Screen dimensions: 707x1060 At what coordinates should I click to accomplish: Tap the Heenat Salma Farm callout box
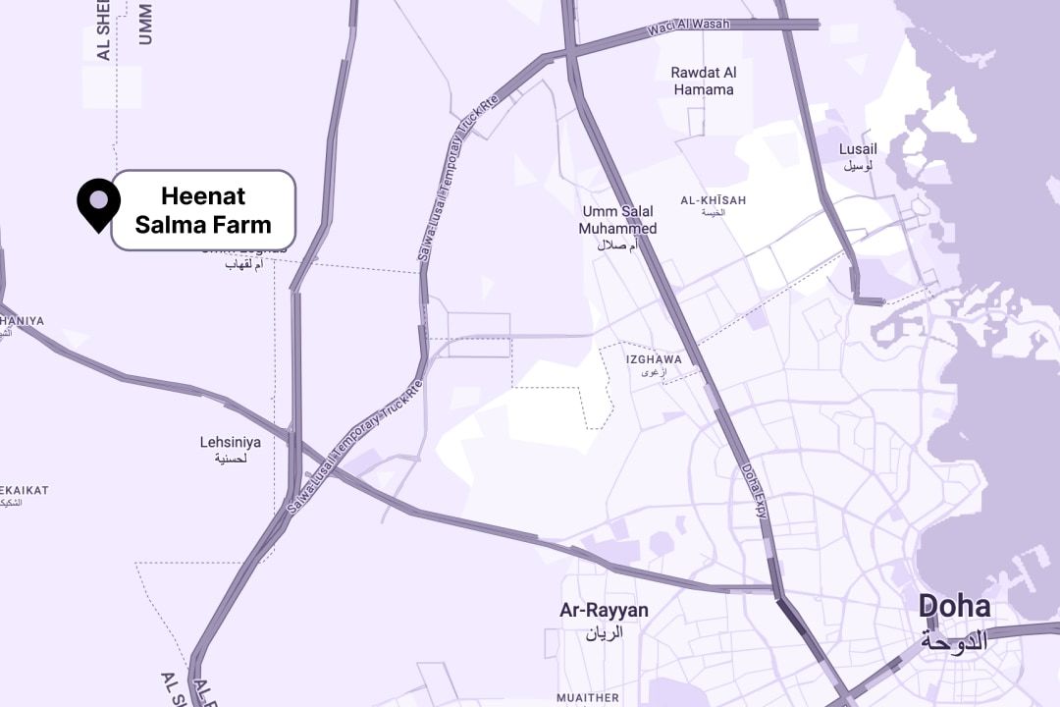203,210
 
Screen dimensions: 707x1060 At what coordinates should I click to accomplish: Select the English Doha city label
954,607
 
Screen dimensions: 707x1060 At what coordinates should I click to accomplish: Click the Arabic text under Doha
954,641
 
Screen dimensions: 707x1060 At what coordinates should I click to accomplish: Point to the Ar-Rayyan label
604,611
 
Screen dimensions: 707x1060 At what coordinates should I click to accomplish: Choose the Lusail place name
858,149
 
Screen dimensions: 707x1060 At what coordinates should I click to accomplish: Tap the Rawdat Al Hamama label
703,81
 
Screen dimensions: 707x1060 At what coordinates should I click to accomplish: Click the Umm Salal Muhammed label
618,220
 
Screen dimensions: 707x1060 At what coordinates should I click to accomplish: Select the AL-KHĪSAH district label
714,200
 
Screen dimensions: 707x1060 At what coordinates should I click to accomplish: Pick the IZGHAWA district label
654,359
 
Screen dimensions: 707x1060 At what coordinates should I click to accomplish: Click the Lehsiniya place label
231,443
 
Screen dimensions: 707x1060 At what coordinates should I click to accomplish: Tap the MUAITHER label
588,698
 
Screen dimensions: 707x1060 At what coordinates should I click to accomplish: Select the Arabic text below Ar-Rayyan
604,633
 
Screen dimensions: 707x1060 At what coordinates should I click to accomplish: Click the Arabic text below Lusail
858,166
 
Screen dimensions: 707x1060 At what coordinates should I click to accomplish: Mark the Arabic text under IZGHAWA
654,373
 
